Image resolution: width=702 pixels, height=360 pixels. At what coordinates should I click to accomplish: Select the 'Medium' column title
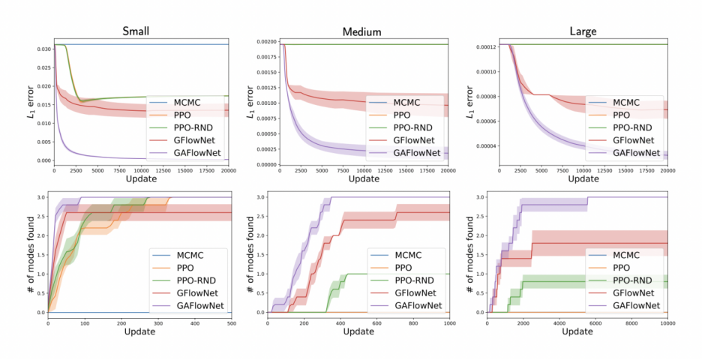point(361,31)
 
